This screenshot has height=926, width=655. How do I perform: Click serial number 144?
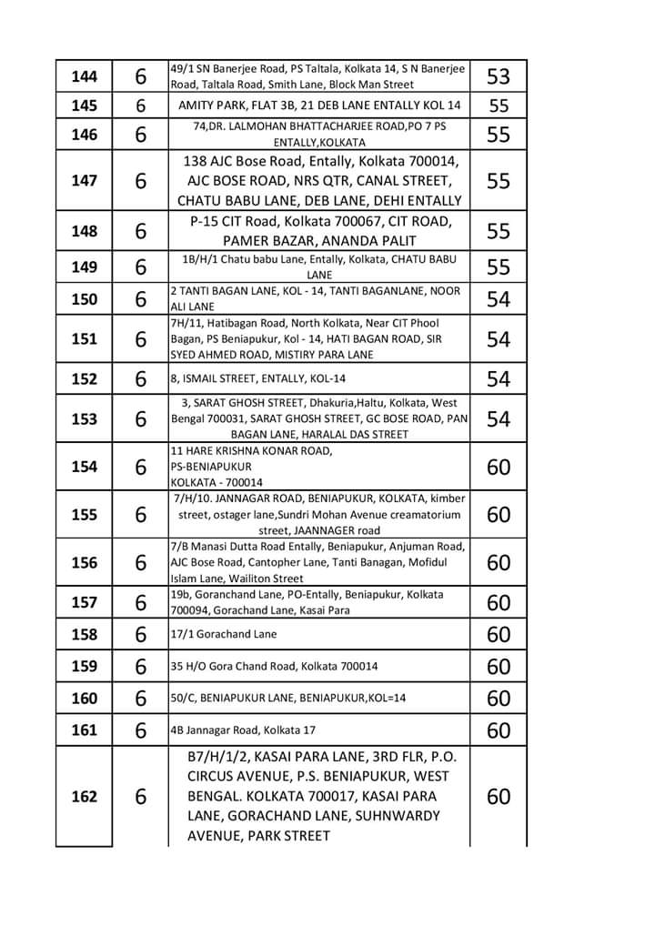click(x=84, y=75)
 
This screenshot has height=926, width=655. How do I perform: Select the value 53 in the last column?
click(x=499, y=75)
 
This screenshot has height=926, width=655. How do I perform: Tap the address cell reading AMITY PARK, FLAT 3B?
click(x=319, y=106)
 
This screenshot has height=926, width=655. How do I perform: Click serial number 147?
click(x=84, y=180)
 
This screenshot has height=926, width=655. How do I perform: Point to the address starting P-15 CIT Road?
click(x=319, y=231)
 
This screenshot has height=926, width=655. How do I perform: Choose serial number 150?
click(x=84, y=299)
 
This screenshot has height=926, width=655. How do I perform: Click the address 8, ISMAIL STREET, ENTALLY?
click(x=258, y=378)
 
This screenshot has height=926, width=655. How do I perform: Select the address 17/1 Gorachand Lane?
click(x=224, y=634)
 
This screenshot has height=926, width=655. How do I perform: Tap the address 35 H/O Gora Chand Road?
click(x=274, y=666)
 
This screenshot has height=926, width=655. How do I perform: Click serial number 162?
click(x=84, y=797)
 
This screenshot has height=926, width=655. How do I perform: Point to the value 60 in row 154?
click(x=499, y=467)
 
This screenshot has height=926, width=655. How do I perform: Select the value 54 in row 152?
click(x=499, y=378)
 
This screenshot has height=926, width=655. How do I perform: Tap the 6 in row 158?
click(x=141, y=634)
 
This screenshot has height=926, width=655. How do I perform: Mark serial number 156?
click(x=84, y=563)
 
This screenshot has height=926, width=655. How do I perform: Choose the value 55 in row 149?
click(x=499, y=267)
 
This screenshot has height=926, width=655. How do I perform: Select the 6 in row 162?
click(x=141, y=797)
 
